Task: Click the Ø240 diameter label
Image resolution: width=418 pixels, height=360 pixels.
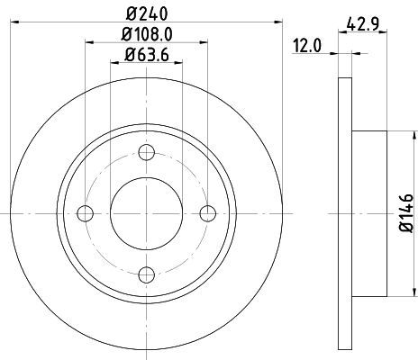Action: [147, 13]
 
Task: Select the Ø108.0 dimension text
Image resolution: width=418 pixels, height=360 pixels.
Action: [147, 34]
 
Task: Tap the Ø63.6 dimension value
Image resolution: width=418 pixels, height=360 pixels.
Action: [147, 55]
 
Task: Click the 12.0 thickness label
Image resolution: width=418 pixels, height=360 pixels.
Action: [307, 46]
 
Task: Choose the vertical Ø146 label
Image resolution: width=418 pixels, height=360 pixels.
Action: [406, 212]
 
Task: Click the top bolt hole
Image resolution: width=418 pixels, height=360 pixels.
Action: [147, 152]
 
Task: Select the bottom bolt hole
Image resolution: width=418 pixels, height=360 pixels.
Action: [147, 274]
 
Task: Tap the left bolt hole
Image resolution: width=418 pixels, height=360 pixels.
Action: [86, 213]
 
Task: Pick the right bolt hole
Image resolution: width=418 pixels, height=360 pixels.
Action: [208, 213]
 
